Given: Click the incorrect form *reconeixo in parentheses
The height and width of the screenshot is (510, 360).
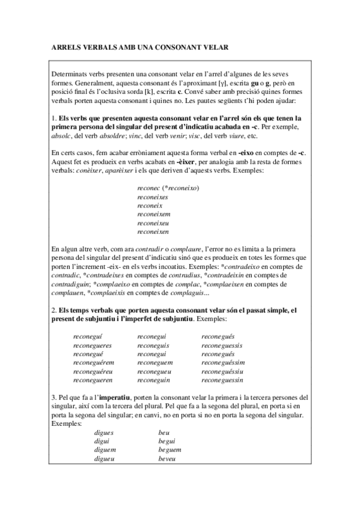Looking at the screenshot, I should [x=179, y=188].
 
